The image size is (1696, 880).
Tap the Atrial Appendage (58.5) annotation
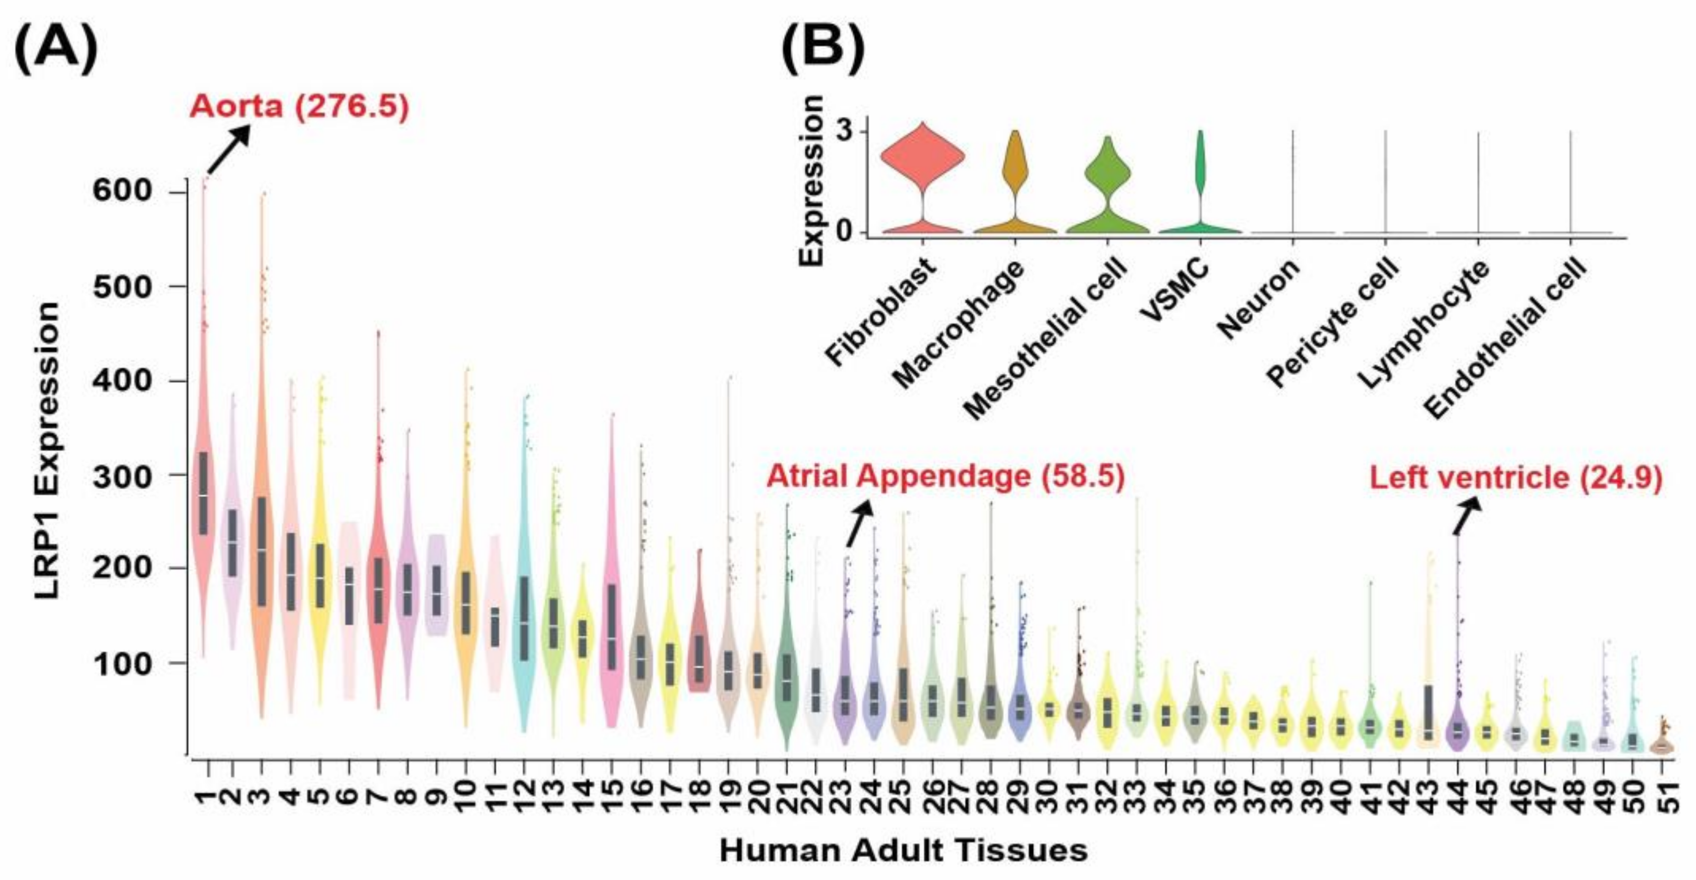(945, 476)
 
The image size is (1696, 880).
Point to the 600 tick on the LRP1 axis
(123, 191)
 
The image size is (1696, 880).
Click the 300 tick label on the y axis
(123, 476)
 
